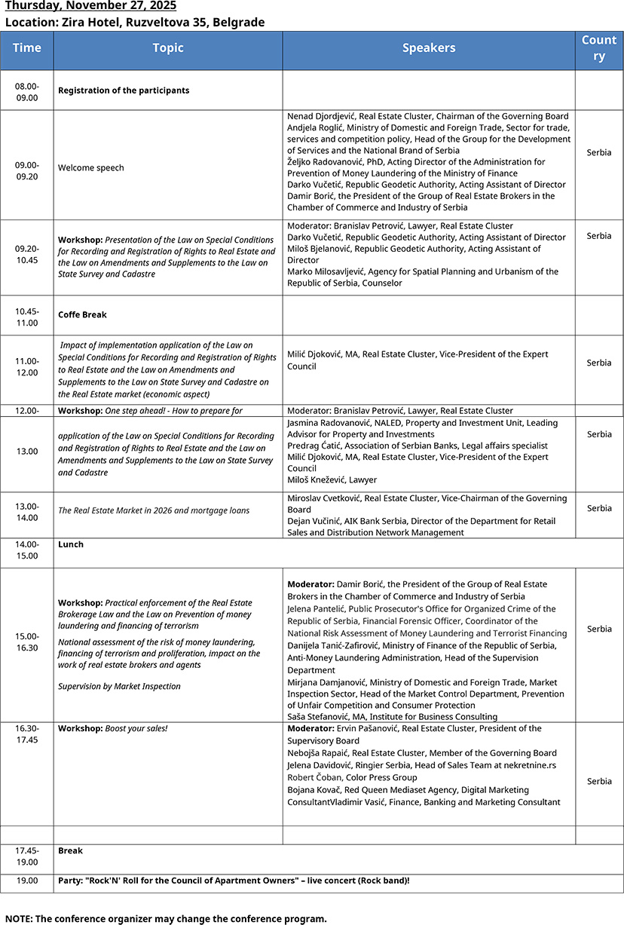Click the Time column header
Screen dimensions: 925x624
click(x=27, y=48)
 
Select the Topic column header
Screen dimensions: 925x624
click(x=168, y=48)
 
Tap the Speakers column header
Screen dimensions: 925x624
click(x=429, y=48)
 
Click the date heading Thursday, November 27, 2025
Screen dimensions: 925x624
click(x=90, y=6)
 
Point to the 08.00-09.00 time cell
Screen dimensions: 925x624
click(x=27, y=91)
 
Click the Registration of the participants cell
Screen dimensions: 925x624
click(x=124, y=90)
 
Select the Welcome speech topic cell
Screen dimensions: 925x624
click(x=91, y=168)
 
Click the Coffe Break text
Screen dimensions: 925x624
click(x=83, y=314)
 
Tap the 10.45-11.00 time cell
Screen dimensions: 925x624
click(x=27, y=317)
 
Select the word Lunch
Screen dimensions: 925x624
click(x=71, y=544)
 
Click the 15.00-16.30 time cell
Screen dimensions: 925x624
click(x=27, y=642)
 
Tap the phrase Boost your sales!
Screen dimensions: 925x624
click(x=136, y=729)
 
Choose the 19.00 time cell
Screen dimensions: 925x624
click(x=27, y=881)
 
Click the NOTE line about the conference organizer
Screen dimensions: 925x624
click(x=166, y=918)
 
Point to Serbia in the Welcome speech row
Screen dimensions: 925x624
click(x=599, y=152)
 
